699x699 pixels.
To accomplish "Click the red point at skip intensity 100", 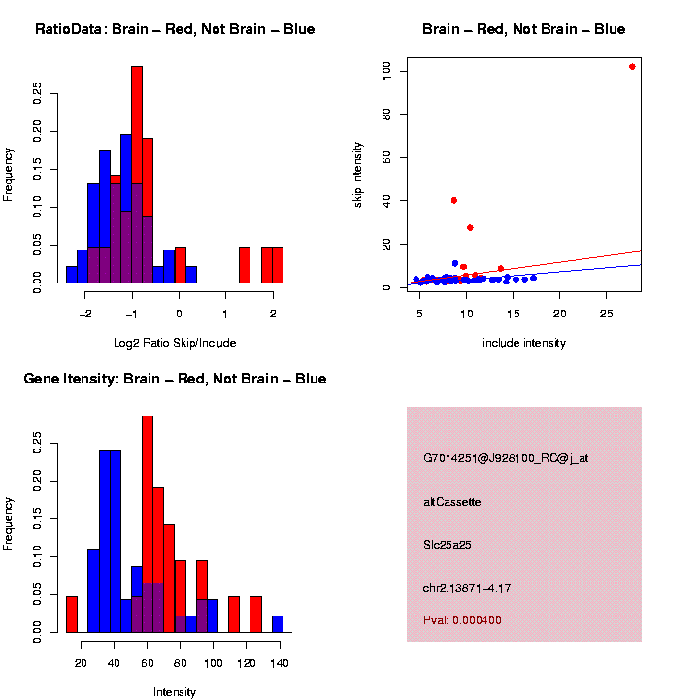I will [x=632, y=67].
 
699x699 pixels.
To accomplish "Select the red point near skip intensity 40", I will [x=454, y=200].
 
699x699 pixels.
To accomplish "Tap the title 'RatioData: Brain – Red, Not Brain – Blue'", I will [x=175, y=29].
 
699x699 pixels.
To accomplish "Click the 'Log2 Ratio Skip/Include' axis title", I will [x=175, y=343].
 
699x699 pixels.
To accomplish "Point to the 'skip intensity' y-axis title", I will [x=358, y=174].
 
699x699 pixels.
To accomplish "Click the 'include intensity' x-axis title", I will [x=524, y=343].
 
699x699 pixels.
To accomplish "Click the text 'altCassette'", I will [x=452, y=502].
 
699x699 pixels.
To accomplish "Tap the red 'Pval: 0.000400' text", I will [x=462, y=620].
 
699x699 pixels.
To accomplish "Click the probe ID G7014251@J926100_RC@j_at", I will [x=506, y=458].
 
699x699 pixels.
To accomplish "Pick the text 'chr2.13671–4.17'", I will [x=467, y=588].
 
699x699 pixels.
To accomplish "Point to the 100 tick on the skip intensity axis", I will [x=386, y=70].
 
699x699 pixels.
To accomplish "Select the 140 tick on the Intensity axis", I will [x=278, y=663].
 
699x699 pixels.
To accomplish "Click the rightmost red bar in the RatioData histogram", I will [x=278, y=264].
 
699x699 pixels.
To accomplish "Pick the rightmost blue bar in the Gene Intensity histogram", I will [x=278, y=623].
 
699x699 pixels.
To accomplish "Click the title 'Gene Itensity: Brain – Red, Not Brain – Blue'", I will [x=175, y=379].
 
